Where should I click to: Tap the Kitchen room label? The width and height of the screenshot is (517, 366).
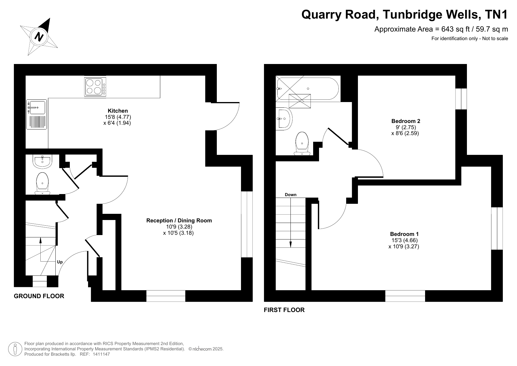pyautogui.click(x=118, y=111)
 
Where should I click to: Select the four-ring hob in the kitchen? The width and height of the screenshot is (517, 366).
pyautogui.click(x=94, y=87)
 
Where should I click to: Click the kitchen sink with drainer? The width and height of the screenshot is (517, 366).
pyautogui.click(x=37, y=115)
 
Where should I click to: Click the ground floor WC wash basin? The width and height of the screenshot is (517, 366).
pyautogui.click(x=43, y=161)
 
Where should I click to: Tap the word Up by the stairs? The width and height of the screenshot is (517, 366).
pyautogui.click(x=60, y=262)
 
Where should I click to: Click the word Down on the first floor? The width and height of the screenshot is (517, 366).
pyautogui.click(x=290, y=195)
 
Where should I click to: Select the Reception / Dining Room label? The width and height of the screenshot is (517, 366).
pyautogui.click(x=179, y=221)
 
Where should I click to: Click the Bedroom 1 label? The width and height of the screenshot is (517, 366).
pyautogui.click(x=404, y=234)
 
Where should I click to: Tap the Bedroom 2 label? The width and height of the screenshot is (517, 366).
pyautogui.click(x=406, y=121)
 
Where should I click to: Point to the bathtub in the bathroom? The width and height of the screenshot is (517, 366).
pyautogui.click(x=308, y=89)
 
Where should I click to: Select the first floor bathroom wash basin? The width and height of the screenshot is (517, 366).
pyautogui.click(x=284, y=119)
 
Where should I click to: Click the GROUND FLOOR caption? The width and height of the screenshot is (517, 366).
pyautogui.click(x=39, y=296)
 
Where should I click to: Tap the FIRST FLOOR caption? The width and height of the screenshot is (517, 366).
pyautogui.click(x=284, y=310)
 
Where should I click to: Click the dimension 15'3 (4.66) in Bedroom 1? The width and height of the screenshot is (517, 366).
pyautogui.click(x=404, y=240)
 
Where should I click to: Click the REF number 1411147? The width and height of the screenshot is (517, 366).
pyautogui.click(x=101, y=354)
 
